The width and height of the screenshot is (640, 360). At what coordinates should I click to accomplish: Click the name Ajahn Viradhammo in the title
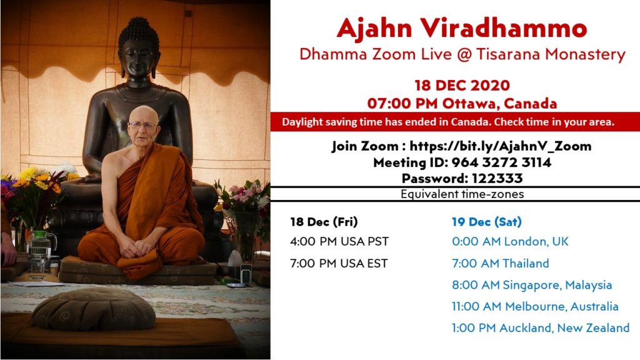462,28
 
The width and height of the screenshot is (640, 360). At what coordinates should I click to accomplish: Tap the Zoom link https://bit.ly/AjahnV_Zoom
501,146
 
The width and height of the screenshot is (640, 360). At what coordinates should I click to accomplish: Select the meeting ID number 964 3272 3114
501,162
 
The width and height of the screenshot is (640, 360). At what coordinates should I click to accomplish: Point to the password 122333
497,178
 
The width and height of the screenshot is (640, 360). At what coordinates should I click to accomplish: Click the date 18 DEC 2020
462,85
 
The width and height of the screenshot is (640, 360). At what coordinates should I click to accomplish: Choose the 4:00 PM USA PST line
339,242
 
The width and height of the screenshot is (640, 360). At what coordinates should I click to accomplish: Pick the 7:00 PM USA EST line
338,264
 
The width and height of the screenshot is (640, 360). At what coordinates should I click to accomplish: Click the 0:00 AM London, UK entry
510,242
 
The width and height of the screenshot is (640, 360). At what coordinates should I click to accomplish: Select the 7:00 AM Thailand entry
500,264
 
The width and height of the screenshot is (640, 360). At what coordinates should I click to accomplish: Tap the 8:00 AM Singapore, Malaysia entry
532,285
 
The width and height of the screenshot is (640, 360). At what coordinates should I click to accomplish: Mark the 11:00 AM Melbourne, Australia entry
535,306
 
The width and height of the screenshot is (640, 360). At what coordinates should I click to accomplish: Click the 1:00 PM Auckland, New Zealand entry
541,328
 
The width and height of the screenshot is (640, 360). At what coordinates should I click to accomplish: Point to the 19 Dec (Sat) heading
486,222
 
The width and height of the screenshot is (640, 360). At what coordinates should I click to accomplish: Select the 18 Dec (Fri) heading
324,222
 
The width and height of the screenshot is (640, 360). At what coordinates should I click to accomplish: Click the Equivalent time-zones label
462,194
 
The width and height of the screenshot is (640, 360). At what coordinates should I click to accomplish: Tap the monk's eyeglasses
142,125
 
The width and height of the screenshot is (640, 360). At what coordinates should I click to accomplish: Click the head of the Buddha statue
138,48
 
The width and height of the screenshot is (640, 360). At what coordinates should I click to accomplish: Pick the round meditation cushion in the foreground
94,309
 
